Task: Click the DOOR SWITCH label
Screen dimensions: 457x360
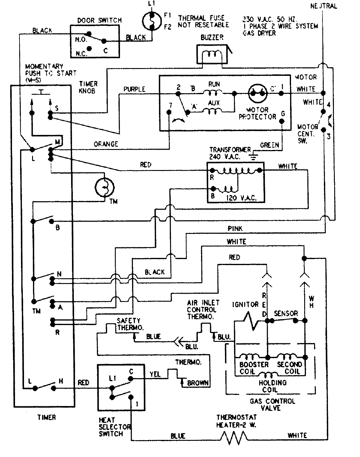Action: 99,20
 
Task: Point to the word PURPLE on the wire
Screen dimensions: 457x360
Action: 134,89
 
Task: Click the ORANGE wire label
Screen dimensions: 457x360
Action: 106,144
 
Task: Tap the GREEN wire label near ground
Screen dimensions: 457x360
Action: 269,145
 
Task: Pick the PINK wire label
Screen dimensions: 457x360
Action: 235,228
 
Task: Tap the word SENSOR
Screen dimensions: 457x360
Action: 286,313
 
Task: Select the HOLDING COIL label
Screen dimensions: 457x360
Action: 272,386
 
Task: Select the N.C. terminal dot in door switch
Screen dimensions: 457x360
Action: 89,48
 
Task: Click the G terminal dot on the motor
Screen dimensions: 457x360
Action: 282,121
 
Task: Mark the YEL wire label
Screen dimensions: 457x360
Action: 155,374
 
